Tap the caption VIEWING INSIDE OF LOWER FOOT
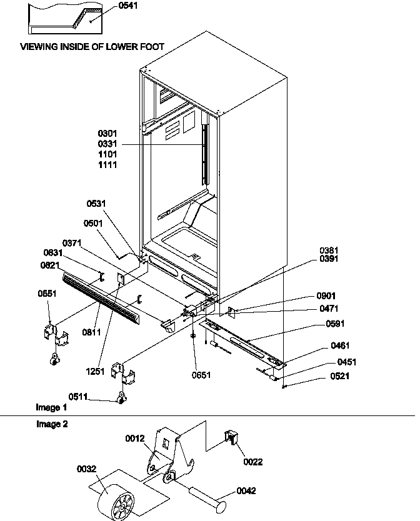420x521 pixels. pyautogui.click(x=92, y=47)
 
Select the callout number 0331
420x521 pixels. pyautogui.click(x=107, y=144)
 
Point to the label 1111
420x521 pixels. pyautogui.click(x=107, y=165)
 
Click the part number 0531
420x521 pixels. pyautogui.click(x=97, y=203)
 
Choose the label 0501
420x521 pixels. pyautogui.click(x=94, y=223)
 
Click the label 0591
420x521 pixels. pyautogui.click(x=335, y=324)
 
